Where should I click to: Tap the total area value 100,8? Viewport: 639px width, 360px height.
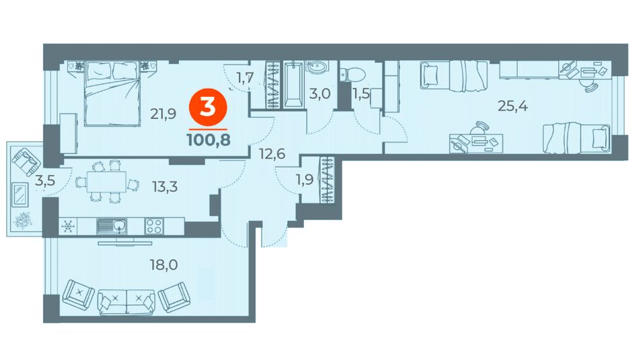click(209, 140)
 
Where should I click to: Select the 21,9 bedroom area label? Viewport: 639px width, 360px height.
click(163, 114)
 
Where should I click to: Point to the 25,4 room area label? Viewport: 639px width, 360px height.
click(513, 106)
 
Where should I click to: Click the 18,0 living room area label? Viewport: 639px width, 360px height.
click(164, 265)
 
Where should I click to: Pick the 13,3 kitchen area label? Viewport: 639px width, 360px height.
click(165, 187)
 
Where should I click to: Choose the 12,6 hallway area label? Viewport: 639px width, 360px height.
click(272, 154)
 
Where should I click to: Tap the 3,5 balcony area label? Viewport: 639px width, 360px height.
click(45, 180)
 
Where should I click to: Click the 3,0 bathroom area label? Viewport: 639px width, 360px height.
click(319, 94)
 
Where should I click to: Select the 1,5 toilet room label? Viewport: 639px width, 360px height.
click(361, 94)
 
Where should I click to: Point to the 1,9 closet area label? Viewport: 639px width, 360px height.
click(305, 180)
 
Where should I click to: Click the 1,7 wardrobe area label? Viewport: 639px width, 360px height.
click(246, 77)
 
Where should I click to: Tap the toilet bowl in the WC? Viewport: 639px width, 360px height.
click(354, 74)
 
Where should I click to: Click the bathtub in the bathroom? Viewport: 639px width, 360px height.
click(293, 85)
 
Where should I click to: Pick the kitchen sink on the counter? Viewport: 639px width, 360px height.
click(112, 226)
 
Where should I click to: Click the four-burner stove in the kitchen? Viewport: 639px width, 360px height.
click(155, 226)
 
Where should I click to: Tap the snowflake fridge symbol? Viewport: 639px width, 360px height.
click(68, 226)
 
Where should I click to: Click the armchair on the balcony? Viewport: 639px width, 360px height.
click(26, 161)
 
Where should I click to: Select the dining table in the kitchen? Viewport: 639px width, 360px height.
click(106, 182)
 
